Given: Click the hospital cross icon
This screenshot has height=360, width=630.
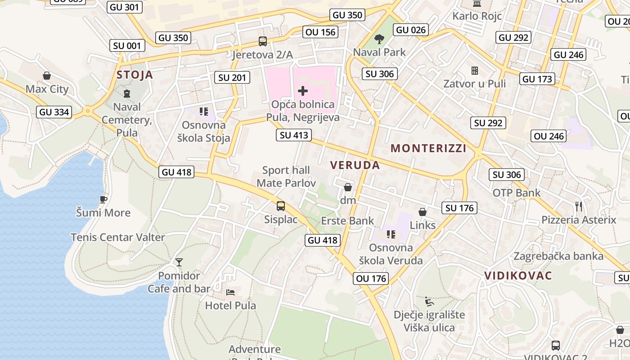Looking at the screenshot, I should coord(303,91).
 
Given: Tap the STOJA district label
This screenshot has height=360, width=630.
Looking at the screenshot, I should coord(135,75).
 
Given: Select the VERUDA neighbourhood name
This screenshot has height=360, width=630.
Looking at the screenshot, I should coord(355,165).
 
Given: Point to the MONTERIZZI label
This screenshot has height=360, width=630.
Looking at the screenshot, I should coord(428,148).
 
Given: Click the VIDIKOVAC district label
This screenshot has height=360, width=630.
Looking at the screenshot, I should coord(518,276).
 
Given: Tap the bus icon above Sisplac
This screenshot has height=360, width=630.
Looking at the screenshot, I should coord(281,206).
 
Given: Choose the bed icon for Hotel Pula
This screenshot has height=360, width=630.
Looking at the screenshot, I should coord(230,292).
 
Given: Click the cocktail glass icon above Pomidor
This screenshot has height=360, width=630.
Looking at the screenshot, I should coord(179,262).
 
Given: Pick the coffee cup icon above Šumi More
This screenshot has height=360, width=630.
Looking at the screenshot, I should coord(103,199).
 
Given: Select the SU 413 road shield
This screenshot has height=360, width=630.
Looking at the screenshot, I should coord(294,135).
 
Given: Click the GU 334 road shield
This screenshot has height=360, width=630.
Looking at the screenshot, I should coord(54,112).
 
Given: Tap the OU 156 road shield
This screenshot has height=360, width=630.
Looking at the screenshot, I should coord(320,32).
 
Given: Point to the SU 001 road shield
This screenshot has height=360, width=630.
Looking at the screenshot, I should coord(127,45).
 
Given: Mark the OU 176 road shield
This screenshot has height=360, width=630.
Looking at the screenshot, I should coord(371,279).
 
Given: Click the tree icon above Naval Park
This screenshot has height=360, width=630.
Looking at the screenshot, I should coord(379,39).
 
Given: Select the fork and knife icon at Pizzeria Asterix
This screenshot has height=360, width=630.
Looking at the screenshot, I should coord(579,207).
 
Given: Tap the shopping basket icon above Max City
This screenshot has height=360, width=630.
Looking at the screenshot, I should coord(47,76).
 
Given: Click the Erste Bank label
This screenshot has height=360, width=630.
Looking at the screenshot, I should coord(347,220).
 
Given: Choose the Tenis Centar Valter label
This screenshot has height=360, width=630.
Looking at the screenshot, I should coord(118,237).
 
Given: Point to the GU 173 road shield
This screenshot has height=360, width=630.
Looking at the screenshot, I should coord(537,79).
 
